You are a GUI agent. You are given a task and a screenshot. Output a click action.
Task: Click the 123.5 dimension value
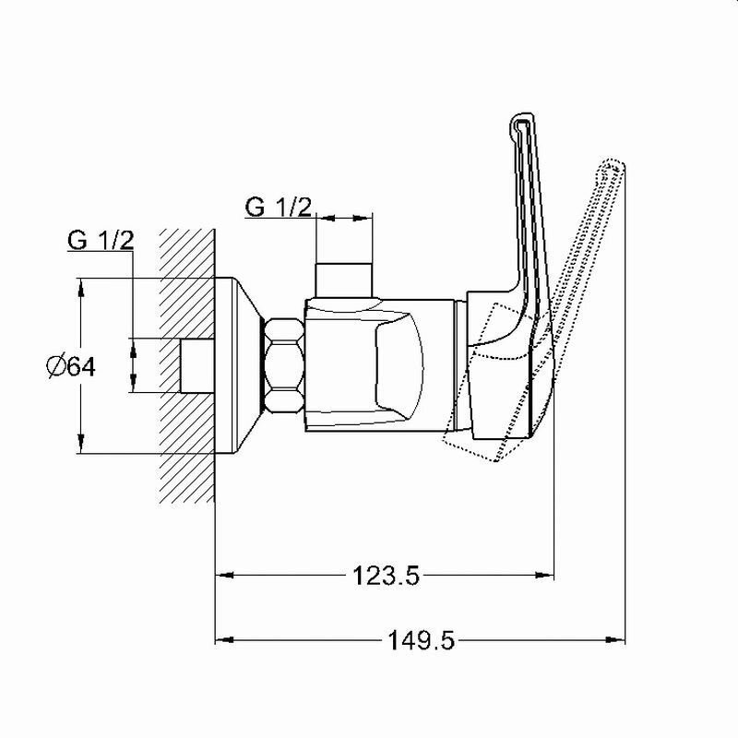pyautogui.click(x=386, y=575)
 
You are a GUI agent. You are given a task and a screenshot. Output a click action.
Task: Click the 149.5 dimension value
pyautogui.click(x=421, y=640)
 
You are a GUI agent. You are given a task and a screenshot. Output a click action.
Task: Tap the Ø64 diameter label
pyautogui.click(x=71, y=366)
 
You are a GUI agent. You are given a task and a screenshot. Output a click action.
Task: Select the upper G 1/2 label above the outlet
pyautogui.click(x=279, y=207)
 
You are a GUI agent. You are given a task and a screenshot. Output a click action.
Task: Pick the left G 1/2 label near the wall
pyautogui.click(x=101, y=240)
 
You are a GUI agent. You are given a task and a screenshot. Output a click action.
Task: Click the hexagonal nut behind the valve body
pyautogui.click(x=284, y=365)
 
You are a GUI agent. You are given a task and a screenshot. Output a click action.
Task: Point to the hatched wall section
pyautogui.click(x=187, y=365)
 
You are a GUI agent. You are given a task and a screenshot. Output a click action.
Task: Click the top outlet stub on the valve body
pyautogui.click(x=344, y=280)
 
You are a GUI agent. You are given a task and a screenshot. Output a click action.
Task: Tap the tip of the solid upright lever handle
pyautogui.click(x=521, y=114)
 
